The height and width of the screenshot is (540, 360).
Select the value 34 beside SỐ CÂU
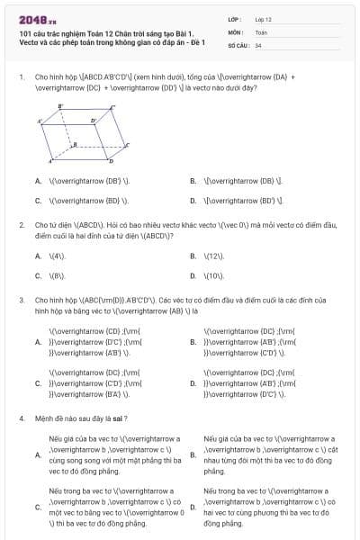258,44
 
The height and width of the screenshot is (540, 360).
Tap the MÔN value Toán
260,31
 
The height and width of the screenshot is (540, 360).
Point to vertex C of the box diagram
128,144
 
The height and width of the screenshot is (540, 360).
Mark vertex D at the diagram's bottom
111,162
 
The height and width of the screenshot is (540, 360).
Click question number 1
21,77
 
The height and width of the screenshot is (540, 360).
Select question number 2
21,223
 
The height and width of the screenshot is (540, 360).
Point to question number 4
21,418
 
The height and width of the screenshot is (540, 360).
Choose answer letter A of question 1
37,181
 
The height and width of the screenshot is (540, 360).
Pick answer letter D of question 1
193,201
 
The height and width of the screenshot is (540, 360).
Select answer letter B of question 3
193,342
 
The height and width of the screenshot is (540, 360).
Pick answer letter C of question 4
37,508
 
